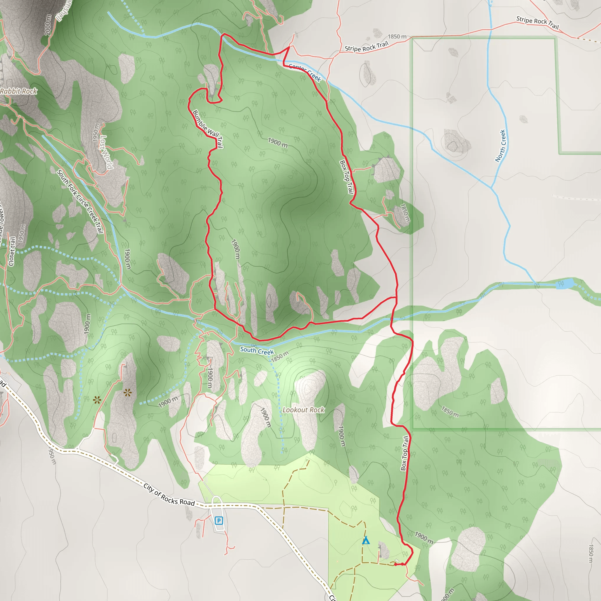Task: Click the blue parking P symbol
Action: coord(219,520)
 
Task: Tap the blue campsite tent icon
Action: coord(366,540)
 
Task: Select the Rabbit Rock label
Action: coord(19,91)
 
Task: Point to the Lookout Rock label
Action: coord(303,410)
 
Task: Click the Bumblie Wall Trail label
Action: coord(207,129)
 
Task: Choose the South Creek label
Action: coord(257,350)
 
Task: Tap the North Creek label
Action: coord(501,146)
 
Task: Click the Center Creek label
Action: coord(305,72)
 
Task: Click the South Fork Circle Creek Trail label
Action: coord(80,201)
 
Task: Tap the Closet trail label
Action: coord(12,251)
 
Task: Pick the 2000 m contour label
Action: coord(48,25)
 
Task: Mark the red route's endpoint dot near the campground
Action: coord(395,564)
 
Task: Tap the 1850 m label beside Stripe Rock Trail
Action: coord(397,37)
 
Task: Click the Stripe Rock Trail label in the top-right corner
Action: coord(537,22)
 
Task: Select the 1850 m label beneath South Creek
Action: coord(280,357)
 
